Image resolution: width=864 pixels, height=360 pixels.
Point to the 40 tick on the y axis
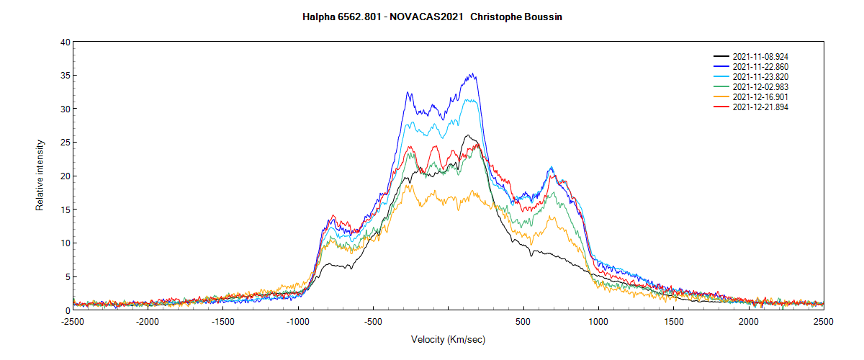coord(65,42)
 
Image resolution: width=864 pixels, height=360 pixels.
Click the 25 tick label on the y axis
coord(65,143)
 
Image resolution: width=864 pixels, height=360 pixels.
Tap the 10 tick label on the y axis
coord(65,243)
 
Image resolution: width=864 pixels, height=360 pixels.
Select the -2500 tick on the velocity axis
coord(73,322)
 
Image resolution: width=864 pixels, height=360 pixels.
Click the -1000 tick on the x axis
coord(298,322)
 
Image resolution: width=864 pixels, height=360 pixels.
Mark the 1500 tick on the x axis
coord(673,322)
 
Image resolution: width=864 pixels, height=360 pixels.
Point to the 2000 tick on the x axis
coord(748,322)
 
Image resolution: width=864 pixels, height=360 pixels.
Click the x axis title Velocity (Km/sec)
coord(448,339)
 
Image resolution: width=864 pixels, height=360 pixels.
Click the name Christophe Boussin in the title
coord(516,17)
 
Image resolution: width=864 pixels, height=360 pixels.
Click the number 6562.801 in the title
coord(359,17)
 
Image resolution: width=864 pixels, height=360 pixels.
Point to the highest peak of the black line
coord(467,135)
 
